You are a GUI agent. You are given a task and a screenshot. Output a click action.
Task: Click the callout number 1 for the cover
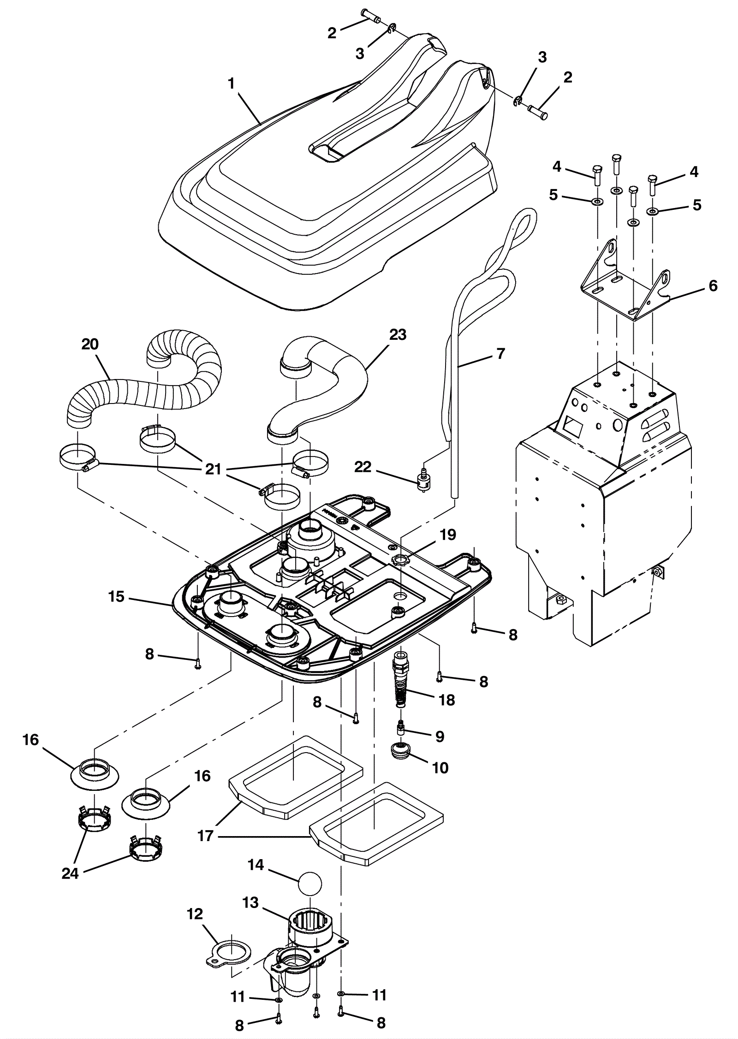(x=231, y=83)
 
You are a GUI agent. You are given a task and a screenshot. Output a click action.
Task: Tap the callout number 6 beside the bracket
(x=713, y=286)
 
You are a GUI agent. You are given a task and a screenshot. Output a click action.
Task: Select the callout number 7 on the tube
(x=500, y=354)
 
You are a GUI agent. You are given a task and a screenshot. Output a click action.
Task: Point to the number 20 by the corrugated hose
(x=90, y=344)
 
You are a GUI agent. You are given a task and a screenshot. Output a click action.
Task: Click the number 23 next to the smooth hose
(x=398, y=334)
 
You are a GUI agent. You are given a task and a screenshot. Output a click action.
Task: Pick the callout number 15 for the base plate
(x=117, y=597)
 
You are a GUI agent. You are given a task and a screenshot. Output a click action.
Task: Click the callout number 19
(x=447, y=534)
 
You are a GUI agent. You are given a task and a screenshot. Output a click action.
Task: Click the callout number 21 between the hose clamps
(x=214, y=469)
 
